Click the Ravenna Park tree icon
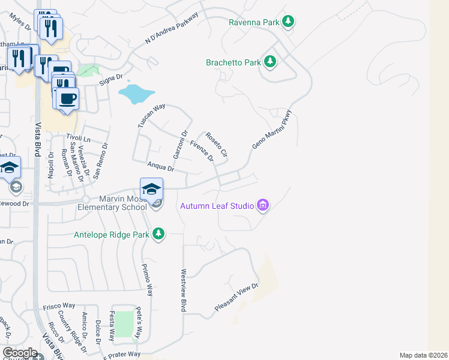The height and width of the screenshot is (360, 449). pyautogui.click(x=289, y=22)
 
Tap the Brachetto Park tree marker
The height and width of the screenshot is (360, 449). pyautogui.click(x=270, y=62)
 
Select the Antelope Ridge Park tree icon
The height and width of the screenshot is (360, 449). pyautogui.click(x=158, y=233)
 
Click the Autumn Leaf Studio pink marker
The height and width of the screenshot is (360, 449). pyautogui.click(x=262, y=206)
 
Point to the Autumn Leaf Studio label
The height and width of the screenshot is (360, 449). pyautogui.click(x=217, y=206)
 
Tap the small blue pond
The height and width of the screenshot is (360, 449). pyautogui.click(x=137, y=94)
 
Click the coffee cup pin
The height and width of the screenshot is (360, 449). pyautogui.click(x=67, y=99)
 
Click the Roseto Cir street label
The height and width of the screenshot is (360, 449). pyautogui.click(x=217, y=145)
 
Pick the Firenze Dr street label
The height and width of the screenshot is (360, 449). pyautogui.click(x=202, y=151)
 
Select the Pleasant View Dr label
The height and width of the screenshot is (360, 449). pyautogui.click(x=237, y=298)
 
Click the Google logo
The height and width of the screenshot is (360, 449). pyautogui.click(x=20, y=352)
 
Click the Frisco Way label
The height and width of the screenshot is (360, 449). pyautogui.click(x=59, y=306)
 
